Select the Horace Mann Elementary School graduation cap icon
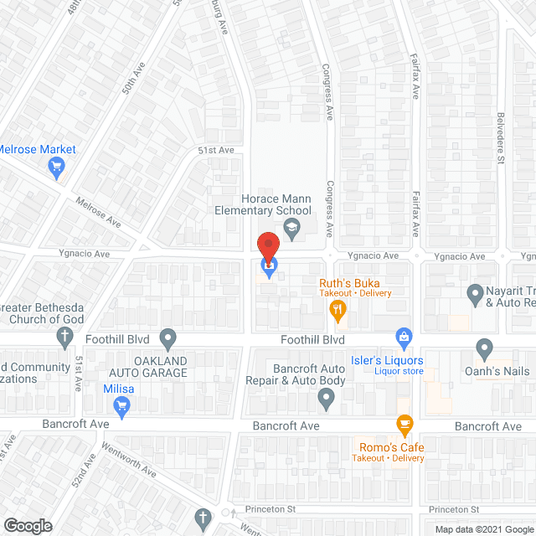(x=291, y=227)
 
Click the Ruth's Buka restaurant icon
(x=338, y=311)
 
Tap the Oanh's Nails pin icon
(x=484, y=348)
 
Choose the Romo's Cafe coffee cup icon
(x=405, y=425)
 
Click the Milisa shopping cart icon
(x=122, y=407)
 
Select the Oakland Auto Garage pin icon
(x=168, y=340)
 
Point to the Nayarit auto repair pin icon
(x=472, y=293)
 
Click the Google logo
(x=28, y=525)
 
